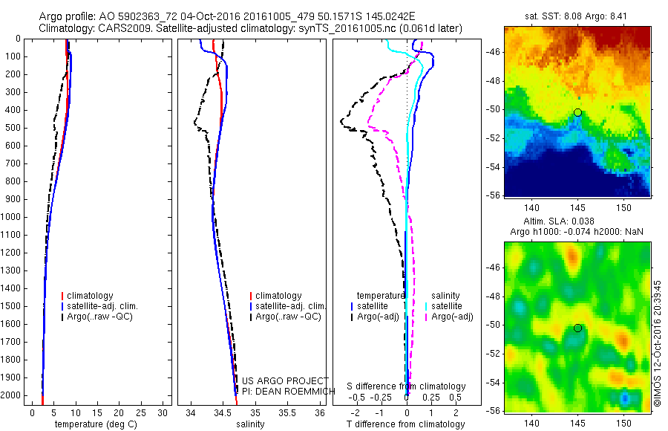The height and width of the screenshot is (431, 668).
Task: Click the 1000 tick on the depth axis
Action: pyautogui.click(x=10, y=217)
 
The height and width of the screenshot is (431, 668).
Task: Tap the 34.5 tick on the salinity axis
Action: pyautogui.click(x=223, y=412)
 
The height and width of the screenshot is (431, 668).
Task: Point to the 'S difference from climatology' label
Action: pyautogui.click(x=407, y=387)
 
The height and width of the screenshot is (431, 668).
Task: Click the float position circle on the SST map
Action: pyautogui.click(x=577, y=113)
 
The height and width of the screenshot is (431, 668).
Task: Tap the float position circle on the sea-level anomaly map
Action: pyautogui.click(x=577, y=328)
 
